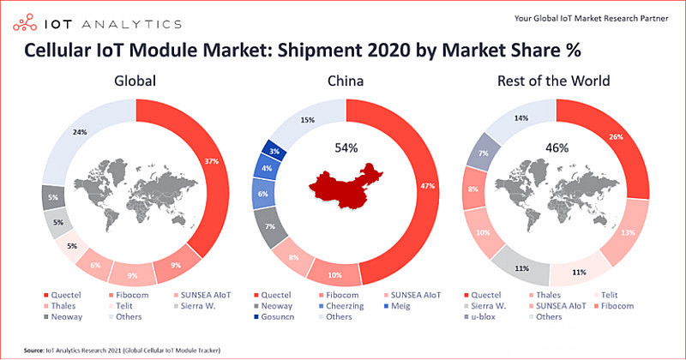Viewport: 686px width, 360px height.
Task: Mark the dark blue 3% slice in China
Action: point(274,151)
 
